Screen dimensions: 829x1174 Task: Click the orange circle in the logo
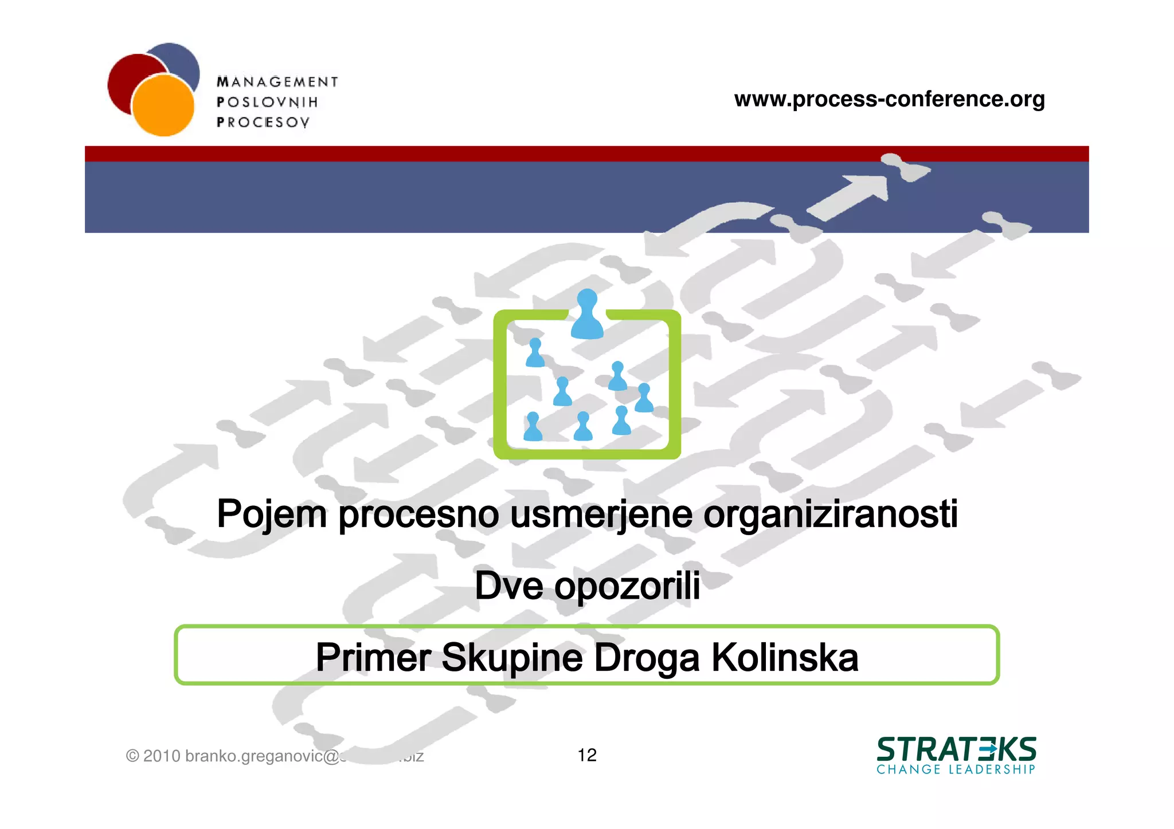pyautogui.click(x=163, y=106)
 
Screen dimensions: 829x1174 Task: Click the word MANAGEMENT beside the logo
pyautogui.click(x=277, y=82)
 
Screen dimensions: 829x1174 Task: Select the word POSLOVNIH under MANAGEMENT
pyautogui.click(x=267, y=102)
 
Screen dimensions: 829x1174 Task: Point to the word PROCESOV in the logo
pyautogui.click(x=263, y=122)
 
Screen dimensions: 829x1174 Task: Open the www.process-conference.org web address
pyautogui.click(x=889, y=99)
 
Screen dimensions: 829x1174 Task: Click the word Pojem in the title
pyautogui.click(x=272, y=514)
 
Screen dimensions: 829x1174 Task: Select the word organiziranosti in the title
pyautogui.click(x=830, y=514)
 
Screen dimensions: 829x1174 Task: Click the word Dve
pyautogui.click(x=508, y=586)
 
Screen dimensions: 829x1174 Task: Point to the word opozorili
pyautogui.click(x=627, y=587)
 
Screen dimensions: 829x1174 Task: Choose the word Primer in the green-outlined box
pyautogui.click(x=373, y=657)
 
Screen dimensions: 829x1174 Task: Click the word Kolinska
pyautogui.click(x=785, y=657)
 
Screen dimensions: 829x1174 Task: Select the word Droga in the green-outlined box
pyautogui.click(x=647, y=658)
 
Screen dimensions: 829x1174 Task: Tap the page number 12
pyautogui.click(x=587, y=755)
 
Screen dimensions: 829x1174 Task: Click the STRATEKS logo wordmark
pyautogui.click(x=956, y=749)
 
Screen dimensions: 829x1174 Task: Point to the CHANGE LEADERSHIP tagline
pyautogui.click(x=956, y=769)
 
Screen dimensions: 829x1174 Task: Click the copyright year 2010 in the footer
pyautogui.click(x=162, y=756)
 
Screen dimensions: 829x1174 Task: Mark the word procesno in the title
pyautogui.click(x=418, y=514)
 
